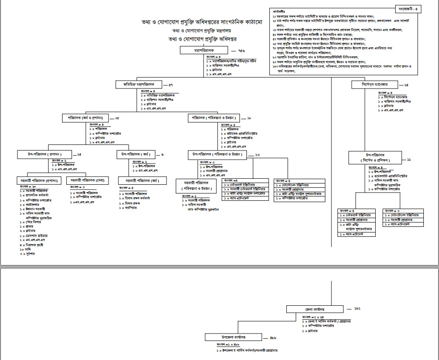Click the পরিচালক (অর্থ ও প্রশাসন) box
(x=85, y=118)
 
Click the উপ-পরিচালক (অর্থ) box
(x=137, y=154)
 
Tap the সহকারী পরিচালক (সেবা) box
(x=88, y=180)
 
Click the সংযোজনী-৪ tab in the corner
(x=409, y=9)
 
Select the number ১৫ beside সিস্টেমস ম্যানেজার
(x=406, y=85)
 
